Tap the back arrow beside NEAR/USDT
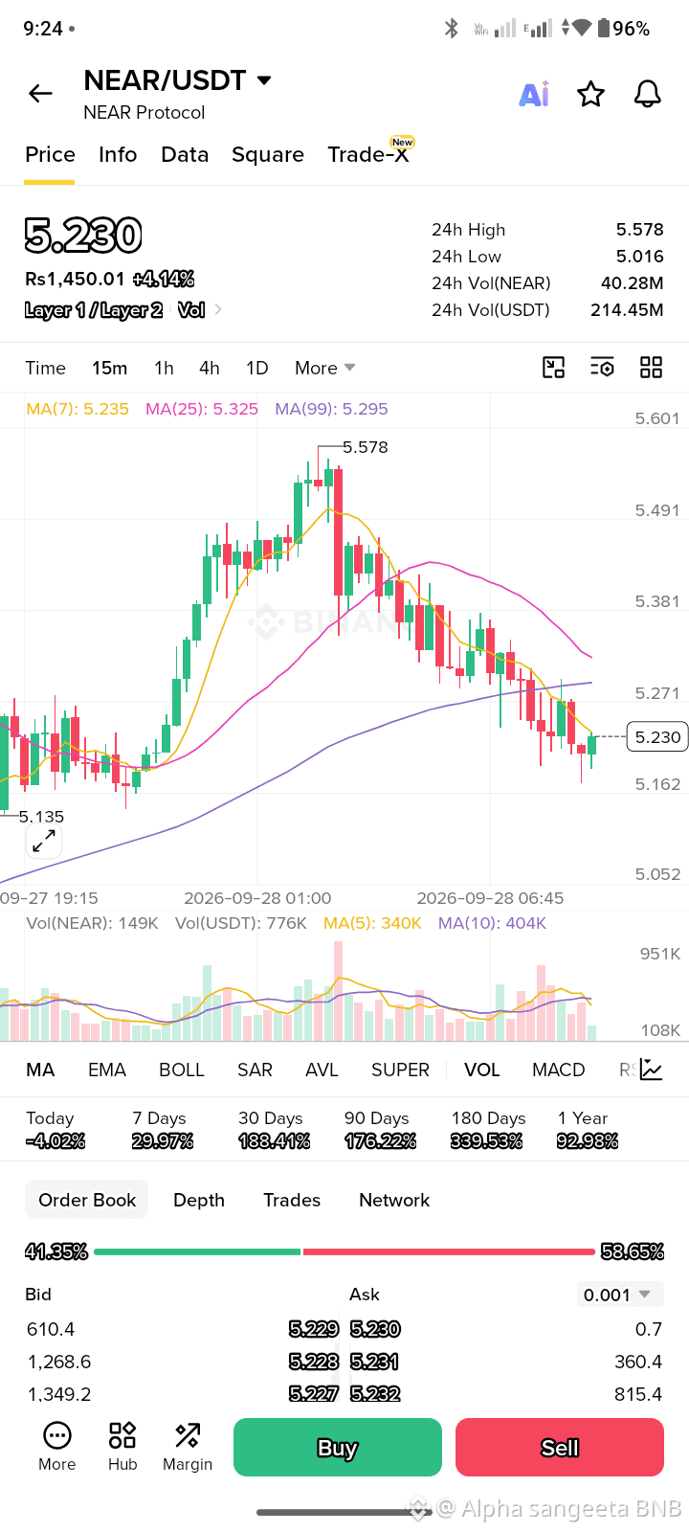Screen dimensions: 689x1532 (40, 93)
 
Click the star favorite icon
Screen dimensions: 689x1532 (590, 94)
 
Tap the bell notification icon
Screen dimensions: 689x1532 (647, 94)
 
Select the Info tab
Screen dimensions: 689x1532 (118, 154)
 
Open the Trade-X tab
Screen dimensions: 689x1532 (367, 154)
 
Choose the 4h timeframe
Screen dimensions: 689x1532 (210, 368)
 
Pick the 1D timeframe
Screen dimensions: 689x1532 (257, 368)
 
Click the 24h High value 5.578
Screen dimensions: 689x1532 (640, 229)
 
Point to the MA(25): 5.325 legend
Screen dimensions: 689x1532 (202, 409)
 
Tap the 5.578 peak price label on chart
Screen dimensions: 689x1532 (365, 447)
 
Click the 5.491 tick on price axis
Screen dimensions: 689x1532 (656, 510)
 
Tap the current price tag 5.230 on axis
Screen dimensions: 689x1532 (656, 736)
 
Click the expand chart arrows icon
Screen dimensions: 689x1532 (44, 841)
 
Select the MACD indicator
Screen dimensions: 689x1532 (559, 1070)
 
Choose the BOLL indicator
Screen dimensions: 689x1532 (182, 1070)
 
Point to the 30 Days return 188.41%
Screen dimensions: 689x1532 (274, 1140)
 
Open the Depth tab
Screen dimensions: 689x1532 (199, 1200)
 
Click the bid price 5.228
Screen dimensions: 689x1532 (314, 1361)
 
